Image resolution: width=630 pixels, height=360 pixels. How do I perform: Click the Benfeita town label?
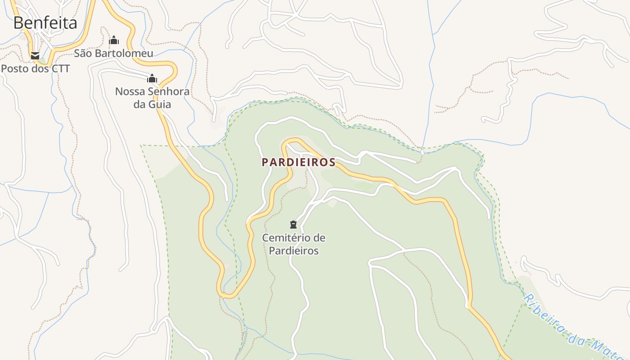45,22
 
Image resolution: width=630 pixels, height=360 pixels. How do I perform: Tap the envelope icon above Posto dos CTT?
35,56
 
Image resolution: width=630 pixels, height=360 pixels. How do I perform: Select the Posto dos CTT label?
36,69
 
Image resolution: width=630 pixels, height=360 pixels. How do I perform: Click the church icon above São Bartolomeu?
114,40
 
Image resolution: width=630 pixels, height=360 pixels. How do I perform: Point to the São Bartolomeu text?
113,53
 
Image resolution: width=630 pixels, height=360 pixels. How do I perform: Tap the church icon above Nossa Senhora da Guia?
152,78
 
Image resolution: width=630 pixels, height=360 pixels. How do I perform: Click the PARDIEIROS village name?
299,162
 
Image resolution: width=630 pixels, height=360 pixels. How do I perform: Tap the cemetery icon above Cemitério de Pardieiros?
293,224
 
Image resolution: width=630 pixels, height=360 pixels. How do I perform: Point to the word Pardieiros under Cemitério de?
294,251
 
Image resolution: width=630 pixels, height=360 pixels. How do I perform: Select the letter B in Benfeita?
18,22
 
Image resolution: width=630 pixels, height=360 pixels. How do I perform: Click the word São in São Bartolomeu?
82,53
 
